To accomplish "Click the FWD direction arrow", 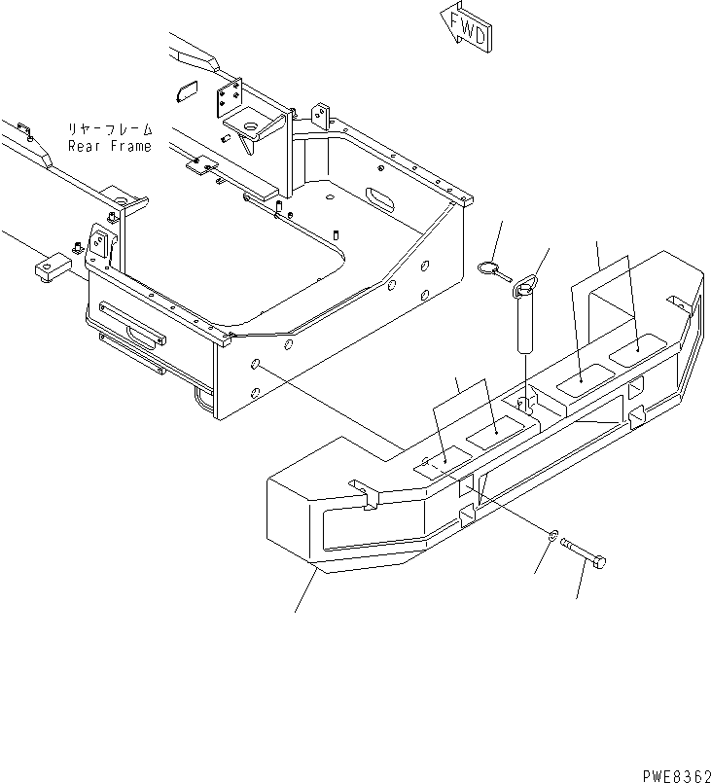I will tap(464, 25).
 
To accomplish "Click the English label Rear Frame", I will tap(110, 147).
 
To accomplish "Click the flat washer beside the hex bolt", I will tap(552, 534).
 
